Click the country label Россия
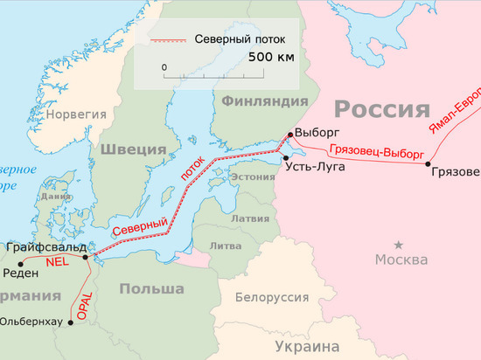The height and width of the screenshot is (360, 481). [383, 109]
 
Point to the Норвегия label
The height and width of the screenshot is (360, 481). [76, 114]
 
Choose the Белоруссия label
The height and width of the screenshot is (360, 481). [271, 298]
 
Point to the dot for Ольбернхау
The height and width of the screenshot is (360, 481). [64, 322]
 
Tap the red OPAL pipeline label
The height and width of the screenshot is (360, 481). [85, 301]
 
